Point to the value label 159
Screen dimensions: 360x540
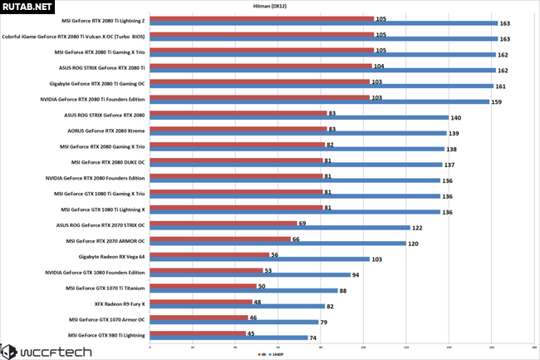pos(496,102)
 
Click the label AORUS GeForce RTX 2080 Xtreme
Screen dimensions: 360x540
pos(104,131)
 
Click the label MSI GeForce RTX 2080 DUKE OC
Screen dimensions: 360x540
pos(108,162)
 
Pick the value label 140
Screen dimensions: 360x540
pos(455,118)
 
